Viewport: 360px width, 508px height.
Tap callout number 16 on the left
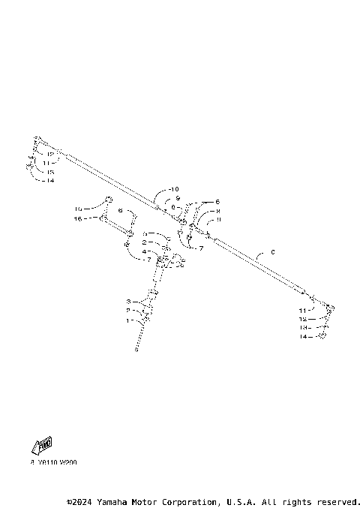pos(78,218)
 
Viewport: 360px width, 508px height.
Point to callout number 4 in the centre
pos(144,251)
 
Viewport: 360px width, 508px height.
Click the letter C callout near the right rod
pos(273,252)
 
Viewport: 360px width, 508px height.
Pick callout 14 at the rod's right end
pos(302,338)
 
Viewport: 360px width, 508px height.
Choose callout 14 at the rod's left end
pos(49,180)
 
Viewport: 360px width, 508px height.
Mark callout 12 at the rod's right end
pos(302,319)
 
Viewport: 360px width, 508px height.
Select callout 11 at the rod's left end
pos(46,162)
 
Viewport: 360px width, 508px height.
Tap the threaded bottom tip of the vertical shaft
pos(137,349)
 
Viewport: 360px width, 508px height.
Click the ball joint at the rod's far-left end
pos(38,143)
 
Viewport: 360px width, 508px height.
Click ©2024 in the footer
pos(79,501)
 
